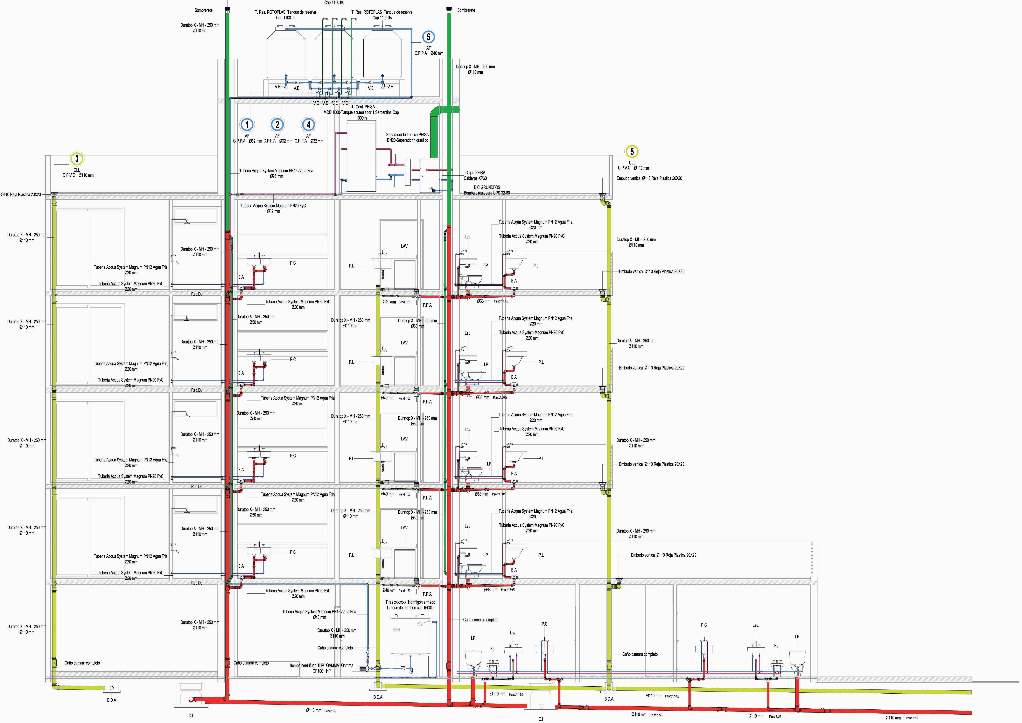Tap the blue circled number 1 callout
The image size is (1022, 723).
pos(247,125)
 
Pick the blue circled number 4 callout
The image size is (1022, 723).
pos(308,125)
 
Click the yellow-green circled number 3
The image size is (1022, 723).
pos(77,159)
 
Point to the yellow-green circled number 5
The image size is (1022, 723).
pos(632,151)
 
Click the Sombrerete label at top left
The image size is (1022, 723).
pos(204,10)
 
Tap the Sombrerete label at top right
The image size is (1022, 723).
pos(466,10)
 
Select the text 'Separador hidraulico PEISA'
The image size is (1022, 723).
pos(407,134)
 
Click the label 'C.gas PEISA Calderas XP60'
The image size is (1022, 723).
pos(475,175)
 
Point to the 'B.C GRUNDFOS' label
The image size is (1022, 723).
pos(487,187)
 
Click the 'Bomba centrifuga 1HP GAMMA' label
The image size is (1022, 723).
pos(321,666)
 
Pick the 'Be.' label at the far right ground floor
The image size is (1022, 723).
pos(777,645)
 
